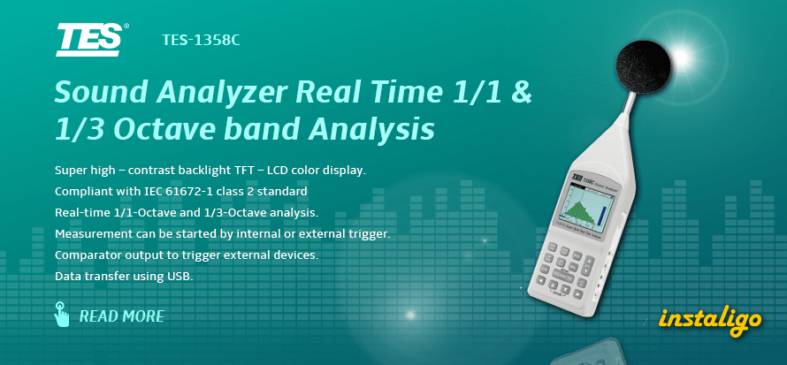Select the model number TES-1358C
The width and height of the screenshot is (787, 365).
tap(201, 40)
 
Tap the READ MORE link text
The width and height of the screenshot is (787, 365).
tap(122, 316)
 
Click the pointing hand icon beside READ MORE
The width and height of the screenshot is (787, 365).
tap(61, 314)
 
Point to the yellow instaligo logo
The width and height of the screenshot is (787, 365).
tap(710, 319)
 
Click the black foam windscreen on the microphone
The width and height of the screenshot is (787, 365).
tap(643, 66)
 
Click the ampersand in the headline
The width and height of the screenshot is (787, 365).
tap(522, 93)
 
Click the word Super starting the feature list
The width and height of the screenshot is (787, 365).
tap(69, 171)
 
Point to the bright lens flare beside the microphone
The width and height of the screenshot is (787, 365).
tap(682, 58)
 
